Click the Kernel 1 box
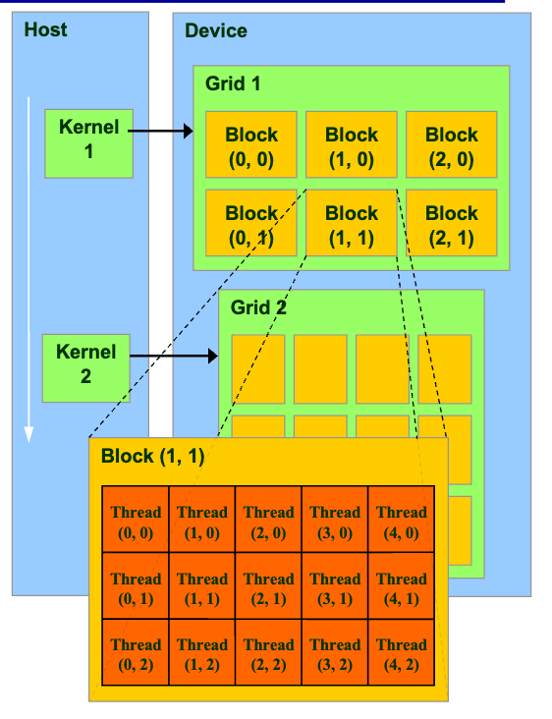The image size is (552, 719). coord(88,142)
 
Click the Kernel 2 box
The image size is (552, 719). coord(85,363)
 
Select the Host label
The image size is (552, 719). coord(46,29)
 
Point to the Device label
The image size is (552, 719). coord(216,30)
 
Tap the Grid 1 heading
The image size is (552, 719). coord(233,83)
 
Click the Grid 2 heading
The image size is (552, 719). coord(258,307)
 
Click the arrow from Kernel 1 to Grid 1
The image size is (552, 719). coord(163,130)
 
